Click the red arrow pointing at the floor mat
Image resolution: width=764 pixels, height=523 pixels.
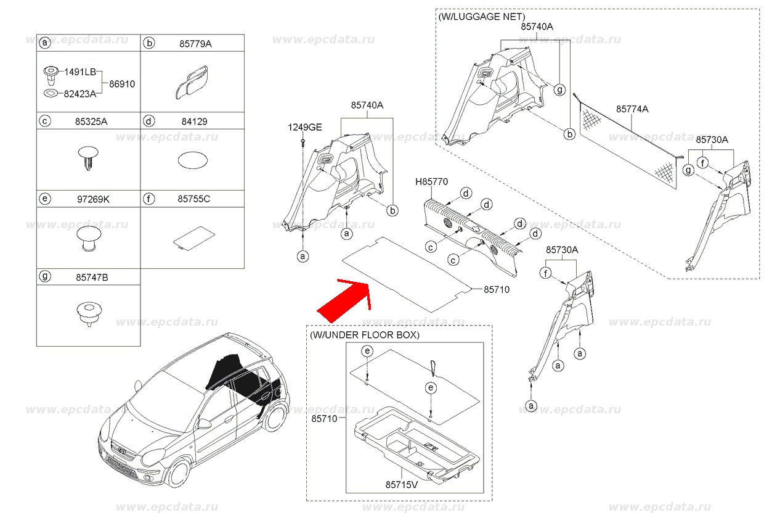(x=345, y=300)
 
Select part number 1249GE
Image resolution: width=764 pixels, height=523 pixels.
(x=305, y=128)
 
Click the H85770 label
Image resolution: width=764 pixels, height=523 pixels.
(x=431, y=181)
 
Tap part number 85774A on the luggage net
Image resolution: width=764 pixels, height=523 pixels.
(x=632, y=109)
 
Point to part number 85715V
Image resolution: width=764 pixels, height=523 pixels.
(x=402, y=485)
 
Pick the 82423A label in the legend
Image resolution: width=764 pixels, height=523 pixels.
(x=81, y=94)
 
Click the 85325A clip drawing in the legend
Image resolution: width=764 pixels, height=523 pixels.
(x=89, y=157)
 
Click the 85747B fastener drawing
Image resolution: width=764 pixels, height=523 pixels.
(x=89, y=313)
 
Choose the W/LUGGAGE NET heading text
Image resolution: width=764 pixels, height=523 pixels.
(x=482, y=17)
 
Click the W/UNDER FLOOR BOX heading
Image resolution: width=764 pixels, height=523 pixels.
(x=365, y=335)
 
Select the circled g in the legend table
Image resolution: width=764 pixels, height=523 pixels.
(x=44, y=277)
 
